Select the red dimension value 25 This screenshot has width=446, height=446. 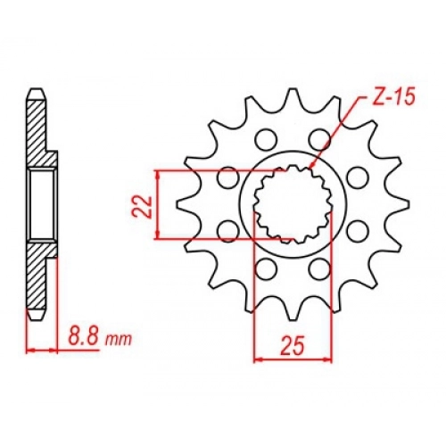(293, 346)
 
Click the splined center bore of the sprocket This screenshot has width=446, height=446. (293, 204)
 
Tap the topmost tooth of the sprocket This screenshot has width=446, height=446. (293, 96)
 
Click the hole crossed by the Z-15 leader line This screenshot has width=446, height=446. (319, 139)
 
